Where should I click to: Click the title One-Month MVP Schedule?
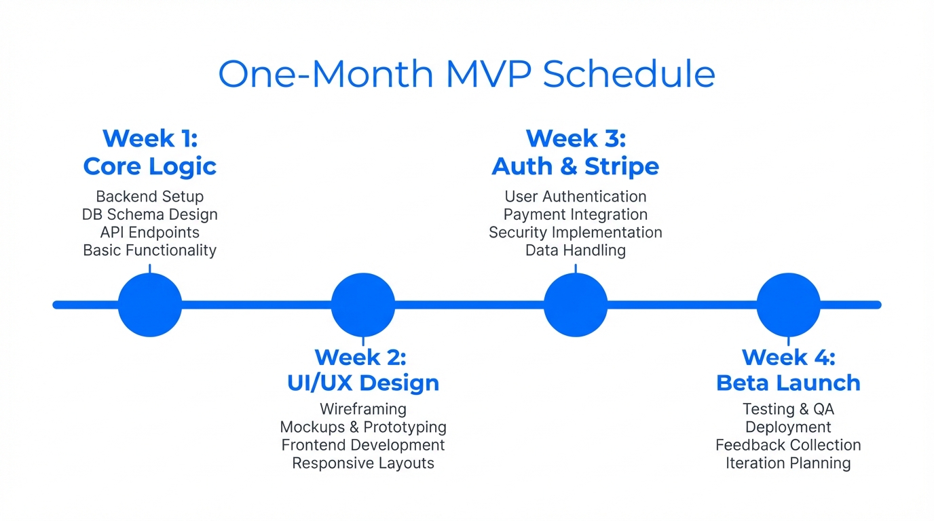466,74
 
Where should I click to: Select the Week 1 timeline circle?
150,305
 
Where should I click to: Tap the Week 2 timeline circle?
363,305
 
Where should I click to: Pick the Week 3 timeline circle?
576,305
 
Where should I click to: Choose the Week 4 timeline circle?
788,305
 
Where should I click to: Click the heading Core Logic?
150,166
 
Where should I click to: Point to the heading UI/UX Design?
363,383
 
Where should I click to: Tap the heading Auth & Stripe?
576,166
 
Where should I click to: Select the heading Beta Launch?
788,383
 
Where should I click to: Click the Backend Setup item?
150,197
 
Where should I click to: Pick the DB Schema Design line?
150,214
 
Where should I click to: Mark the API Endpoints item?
150,232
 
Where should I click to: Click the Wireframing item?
363,409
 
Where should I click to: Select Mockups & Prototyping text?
363,427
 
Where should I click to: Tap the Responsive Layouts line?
363,463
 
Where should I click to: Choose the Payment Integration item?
576,214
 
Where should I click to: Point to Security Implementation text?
576,232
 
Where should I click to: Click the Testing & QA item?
788,409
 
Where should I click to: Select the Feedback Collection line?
788,445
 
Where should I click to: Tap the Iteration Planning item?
788,463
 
